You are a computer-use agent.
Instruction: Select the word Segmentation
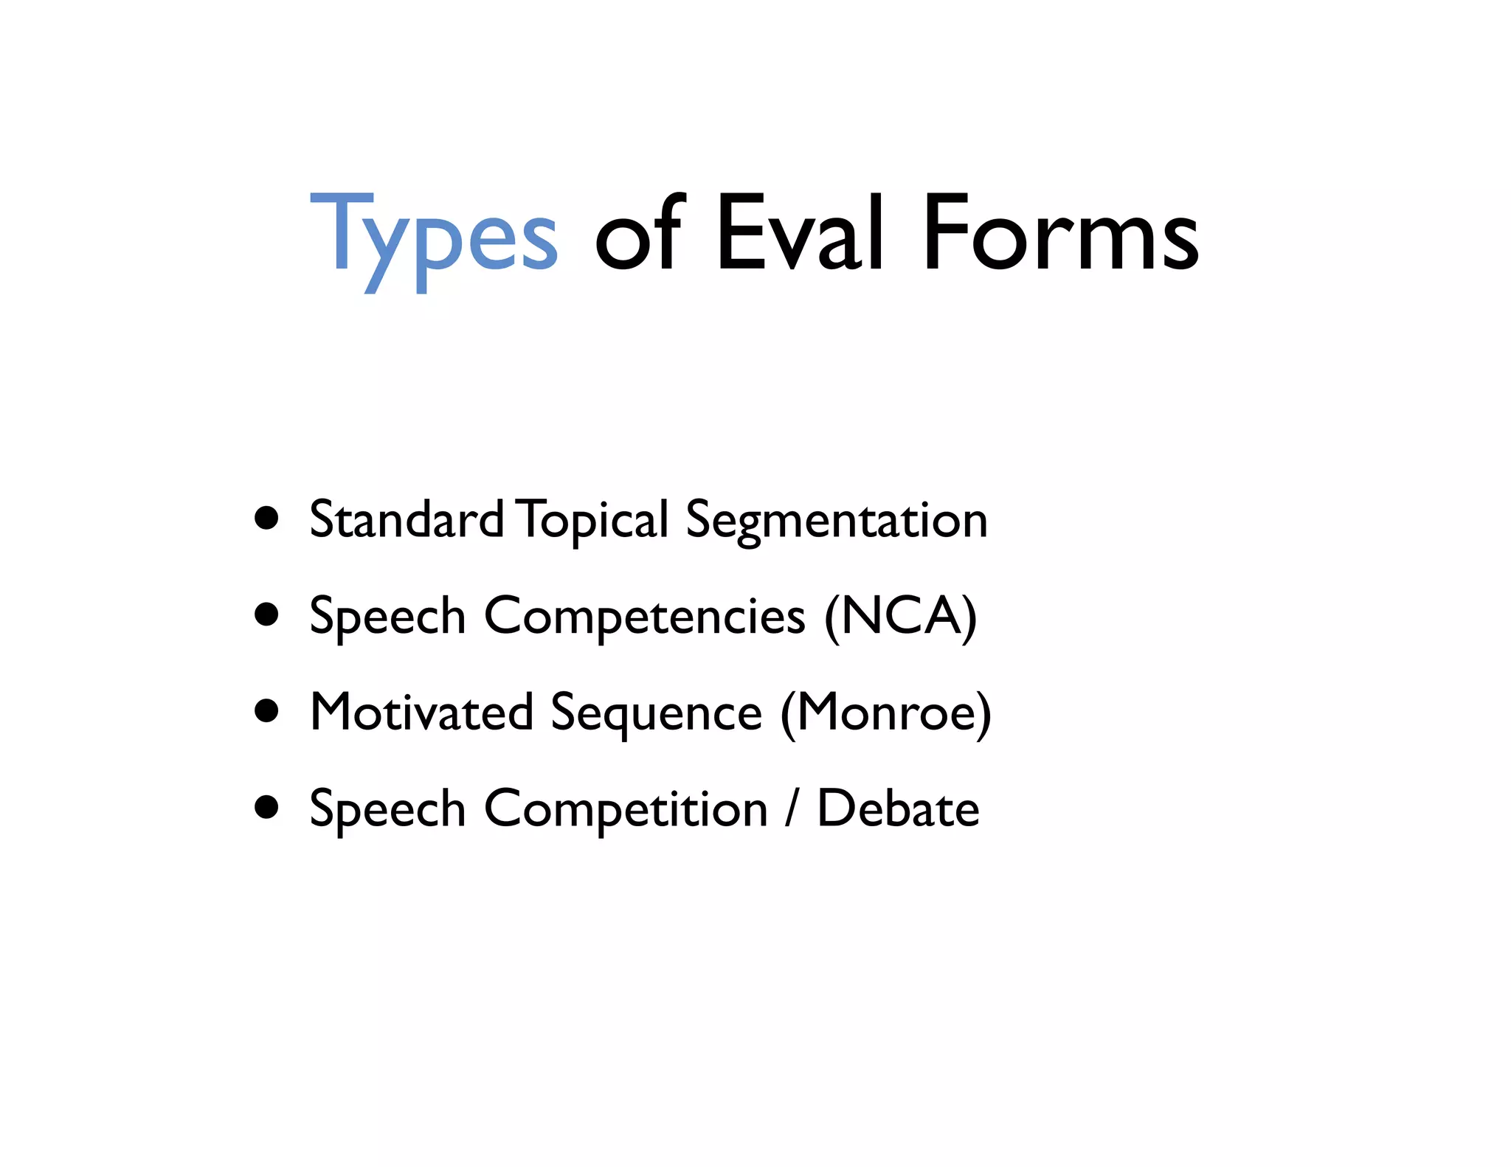[836, 521]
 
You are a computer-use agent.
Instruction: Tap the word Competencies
[644, 617]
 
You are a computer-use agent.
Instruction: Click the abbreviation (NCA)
[901, 616]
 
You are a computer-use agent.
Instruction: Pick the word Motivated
[421, 713]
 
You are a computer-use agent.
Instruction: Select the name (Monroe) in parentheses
[885, 713]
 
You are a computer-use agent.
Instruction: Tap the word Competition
[626, 810]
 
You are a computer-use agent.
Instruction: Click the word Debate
[898, 808]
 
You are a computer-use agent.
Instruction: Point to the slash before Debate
[792, 808]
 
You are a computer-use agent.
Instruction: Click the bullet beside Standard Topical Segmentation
[266, 519]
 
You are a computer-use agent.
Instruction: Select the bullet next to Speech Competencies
[266, 614]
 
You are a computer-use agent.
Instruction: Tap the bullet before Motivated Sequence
[266, 711]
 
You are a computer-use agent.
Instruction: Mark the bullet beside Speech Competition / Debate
[266, 807]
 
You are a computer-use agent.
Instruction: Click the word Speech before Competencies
[387, 617]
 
